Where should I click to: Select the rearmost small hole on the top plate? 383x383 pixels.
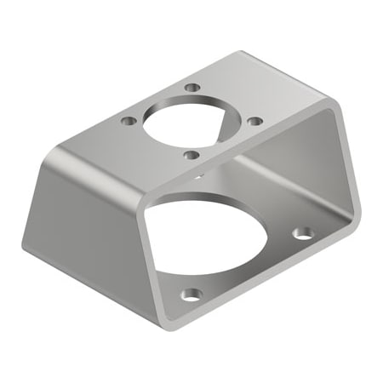193,88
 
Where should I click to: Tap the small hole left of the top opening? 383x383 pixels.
129,122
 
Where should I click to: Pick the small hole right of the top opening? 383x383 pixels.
254,121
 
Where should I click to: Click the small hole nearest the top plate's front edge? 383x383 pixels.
191,155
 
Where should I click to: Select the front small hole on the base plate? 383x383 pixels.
192,294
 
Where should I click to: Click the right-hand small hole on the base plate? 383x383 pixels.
302,232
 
